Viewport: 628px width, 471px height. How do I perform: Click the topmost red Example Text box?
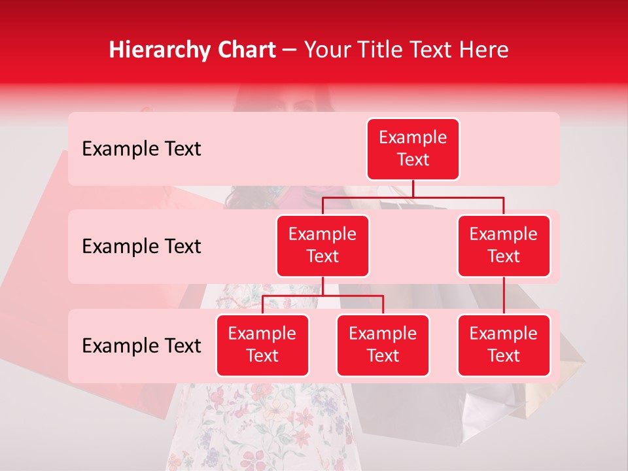(x=413, y=149)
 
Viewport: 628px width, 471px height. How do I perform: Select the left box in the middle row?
(x=323, y=246)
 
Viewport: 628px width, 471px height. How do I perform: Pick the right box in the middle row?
(x=504, y=246)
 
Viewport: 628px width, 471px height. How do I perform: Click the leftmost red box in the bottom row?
(x=262, y=345)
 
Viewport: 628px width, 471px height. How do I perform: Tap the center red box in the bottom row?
(x=383, y=345)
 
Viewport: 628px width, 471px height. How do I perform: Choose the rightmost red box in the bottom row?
(x=504, y=345)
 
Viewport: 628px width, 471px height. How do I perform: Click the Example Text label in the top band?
(x=141, y=149)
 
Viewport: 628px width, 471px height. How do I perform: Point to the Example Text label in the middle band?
(x=141, y=247)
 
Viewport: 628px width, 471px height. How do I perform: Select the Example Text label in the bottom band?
(x=141, y=346)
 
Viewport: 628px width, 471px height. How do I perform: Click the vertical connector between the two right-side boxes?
(x=504, y=296)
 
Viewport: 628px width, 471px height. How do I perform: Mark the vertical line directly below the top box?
(x=413, y=188)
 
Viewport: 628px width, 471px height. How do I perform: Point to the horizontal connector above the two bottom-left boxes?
(x=323, y=296)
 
